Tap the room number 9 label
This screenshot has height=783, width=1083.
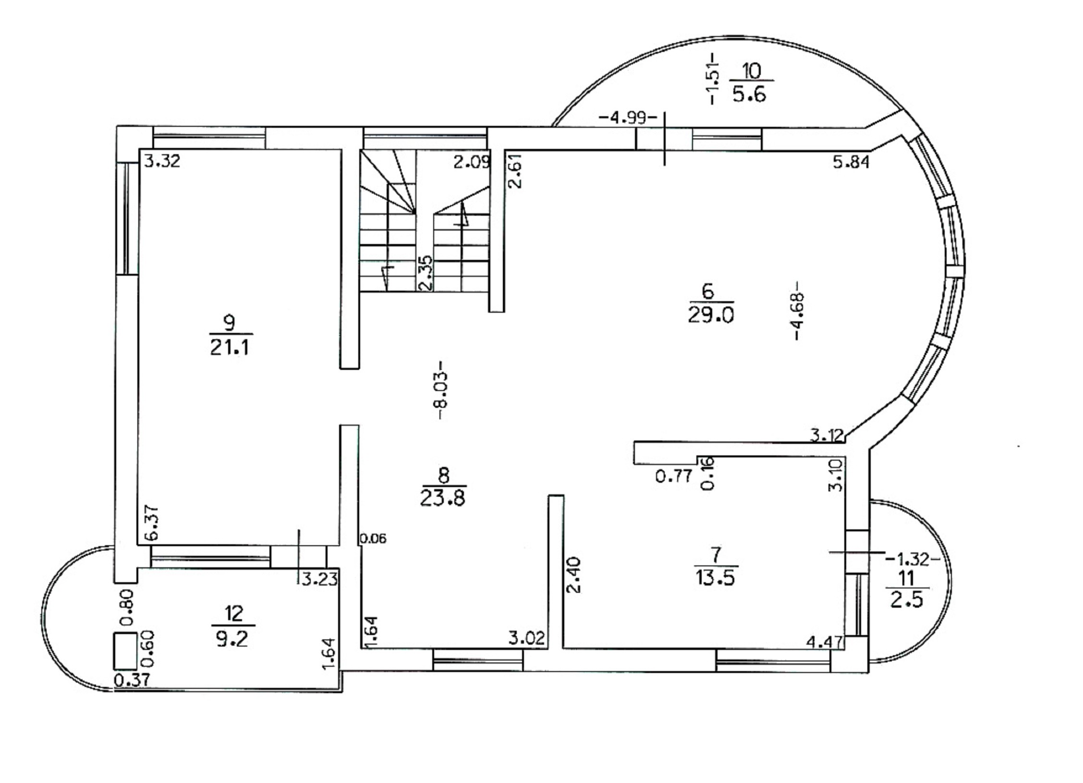[230, 322]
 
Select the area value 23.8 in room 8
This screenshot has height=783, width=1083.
[442, 498]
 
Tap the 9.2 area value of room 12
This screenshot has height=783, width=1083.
[232, 639]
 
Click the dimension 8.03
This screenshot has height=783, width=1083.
[441, 390]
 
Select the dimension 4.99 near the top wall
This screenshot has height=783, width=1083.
[628, 117]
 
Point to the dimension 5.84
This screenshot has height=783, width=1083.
[851, 162]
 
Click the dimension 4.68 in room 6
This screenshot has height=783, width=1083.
[796, 311]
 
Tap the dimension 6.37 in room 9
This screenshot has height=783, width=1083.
[152, 523]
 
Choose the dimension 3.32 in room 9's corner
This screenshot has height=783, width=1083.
[162, 160]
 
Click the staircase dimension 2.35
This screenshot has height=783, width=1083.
[426, 272]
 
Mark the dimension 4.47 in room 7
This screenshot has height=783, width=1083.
[825, 642]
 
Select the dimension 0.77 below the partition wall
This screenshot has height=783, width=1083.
[674, 477]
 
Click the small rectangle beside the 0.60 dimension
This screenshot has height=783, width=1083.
[125, 651]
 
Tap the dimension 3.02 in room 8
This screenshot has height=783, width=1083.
[527, 638]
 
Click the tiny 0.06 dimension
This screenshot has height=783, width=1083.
[373, 538]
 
